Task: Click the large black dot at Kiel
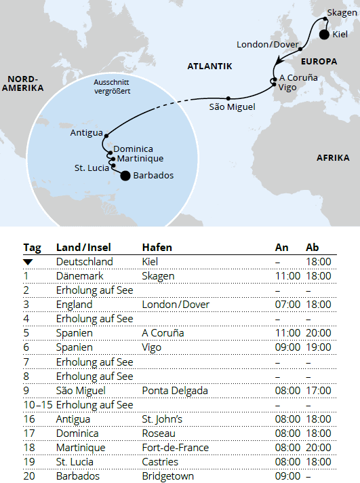click(x=323, y=34)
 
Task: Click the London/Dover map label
click(x=266, y=45)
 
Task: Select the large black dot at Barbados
click(x=125, y=176)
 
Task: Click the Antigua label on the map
click(x=86, y=133)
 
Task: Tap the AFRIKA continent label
click(x=333, y=158)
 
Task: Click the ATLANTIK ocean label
click(x=210, y=66)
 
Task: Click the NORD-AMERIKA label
click(x=22, y=83)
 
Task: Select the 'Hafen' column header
click(x=156, y=247)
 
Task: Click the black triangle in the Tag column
click(x=28, y=262)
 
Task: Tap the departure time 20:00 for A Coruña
click(x=319, y=333)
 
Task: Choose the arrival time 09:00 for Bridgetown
click(x=287, y=476)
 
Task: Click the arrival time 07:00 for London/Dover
click(x=287, y=305)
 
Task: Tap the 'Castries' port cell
click(x=160, y=461)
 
